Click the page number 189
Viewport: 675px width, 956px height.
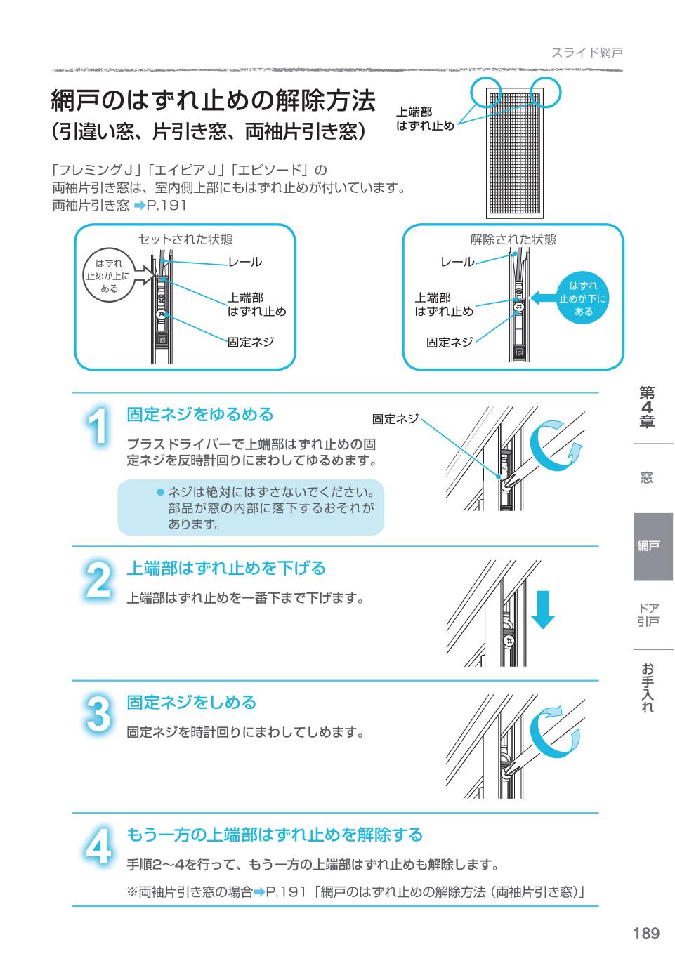click(646, 934)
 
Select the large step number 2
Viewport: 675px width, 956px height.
click(98, 580)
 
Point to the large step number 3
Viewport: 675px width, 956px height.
click(98, 714)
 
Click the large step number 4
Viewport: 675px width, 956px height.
click(98, 846)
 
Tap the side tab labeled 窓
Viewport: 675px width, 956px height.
click(647, 477)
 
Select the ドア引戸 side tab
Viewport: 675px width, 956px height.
click(648, 615)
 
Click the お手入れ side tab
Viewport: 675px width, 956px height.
click(648, 688)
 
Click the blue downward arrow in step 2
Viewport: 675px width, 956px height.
click(542, 609)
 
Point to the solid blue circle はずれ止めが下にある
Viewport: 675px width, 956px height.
click(583, 298)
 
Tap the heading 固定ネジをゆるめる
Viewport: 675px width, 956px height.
click(200, 414)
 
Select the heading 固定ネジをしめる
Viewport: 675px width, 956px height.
click(191, 702)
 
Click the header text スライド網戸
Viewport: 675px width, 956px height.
click(586, 53)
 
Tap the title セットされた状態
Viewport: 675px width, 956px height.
click(185, 239)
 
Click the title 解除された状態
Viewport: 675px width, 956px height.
click(513, 239)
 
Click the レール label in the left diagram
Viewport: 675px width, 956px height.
click(245, 262)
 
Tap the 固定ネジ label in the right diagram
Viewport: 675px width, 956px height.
click(450, 342)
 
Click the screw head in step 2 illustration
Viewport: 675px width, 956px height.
click(509, 641)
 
